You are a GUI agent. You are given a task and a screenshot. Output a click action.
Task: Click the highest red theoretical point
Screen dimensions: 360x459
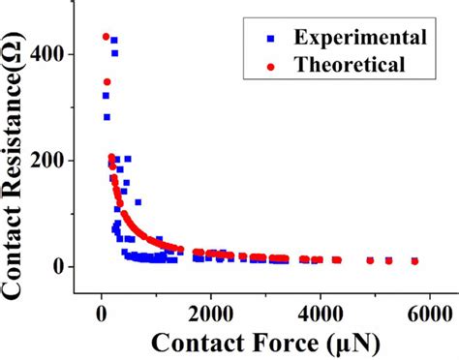click(x=106, y=37)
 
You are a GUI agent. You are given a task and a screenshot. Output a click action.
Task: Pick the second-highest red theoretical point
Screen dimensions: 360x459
click(x=107, y=81)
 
